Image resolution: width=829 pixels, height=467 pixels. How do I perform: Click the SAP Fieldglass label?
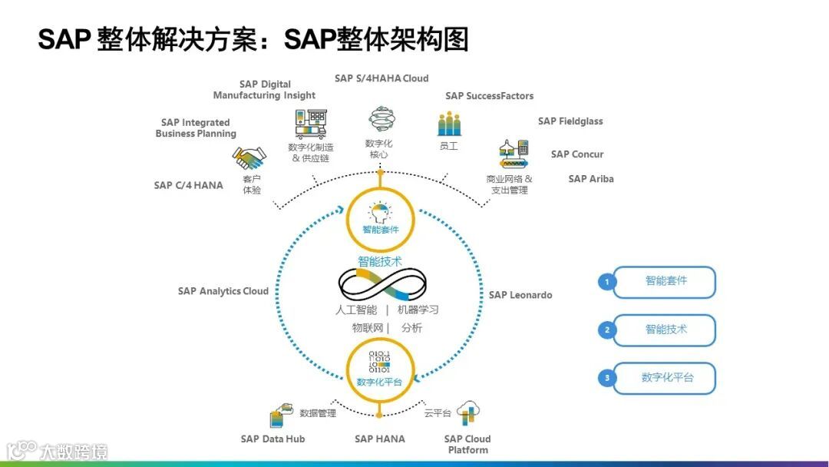[570, 121]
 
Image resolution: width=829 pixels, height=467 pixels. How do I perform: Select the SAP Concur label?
[577, 154]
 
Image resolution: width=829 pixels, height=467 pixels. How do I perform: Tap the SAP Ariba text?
[591, 179]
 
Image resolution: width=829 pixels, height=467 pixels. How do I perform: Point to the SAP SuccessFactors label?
[489, 96]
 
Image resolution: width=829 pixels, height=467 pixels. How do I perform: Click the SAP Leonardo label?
[520, 295]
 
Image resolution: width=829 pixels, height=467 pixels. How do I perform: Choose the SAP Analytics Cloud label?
[223, 291]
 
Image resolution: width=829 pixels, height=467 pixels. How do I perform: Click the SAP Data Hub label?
[272, 439]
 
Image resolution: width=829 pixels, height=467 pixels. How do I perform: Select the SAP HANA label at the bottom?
[379, 439]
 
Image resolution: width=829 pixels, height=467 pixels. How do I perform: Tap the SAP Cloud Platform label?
[467, 444]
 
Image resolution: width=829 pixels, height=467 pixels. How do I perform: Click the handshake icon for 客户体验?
[249, 159]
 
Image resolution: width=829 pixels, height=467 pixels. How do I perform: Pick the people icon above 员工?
[449, 124]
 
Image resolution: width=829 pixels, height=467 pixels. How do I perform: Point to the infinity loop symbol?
[382, 285]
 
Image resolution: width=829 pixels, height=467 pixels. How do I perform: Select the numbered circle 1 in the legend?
[607, 282]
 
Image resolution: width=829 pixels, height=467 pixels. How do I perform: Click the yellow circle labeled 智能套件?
[381, 216]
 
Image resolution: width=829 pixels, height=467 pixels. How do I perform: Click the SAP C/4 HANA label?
[188, 185]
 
